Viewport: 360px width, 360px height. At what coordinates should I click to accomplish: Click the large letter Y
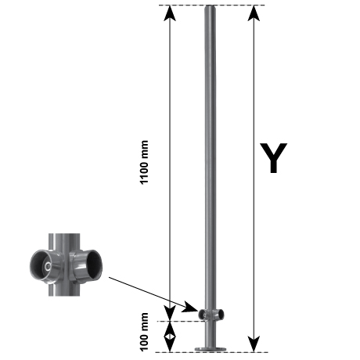tap(273, 157)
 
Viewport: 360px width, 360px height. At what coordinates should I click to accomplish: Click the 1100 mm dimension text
tap(144, 162)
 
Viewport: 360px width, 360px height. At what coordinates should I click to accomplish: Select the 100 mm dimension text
tap(144, 332)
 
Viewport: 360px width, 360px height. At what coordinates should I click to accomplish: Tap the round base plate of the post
tap(211, 349)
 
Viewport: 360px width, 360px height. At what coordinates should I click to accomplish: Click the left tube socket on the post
tap(202, 314)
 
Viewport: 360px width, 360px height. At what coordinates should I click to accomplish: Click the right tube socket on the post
tap(219, 315)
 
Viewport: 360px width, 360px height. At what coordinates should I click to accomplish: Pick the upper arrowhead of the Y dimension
tap(254, 13)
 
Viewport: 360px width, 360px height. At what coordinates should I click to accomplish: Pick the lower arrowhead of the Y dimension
tap(254, 344)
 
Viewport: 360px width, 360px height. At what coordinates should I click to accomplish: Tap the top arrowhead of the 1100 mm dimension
tap(170, 13)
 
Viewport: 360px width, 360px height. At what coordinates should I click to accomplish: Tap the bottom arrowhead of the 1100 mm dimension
tap(170, 313)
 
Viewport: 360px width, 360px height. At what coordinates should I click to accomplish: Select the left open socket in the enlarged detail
tap(45, 267)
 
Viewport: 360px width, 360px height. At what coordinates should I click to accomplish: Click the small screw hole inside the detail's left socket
tap(48, 267)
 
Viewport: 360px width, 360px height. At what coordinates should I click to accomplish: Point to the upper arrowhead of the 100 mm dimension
tap(170, 328)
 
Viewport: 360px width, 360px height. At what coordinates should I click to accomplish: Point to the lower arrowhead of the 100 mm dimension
tap(170, 344)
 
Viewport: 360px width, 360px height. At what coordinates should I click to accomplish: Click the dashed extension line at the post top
tap(212, 5)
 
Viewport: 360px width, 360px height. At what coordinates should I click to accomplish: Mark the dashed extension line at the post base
tap(212, 352)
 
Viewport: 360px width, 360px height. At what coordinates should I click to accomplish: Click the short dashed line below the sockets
tap(182, 321)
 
